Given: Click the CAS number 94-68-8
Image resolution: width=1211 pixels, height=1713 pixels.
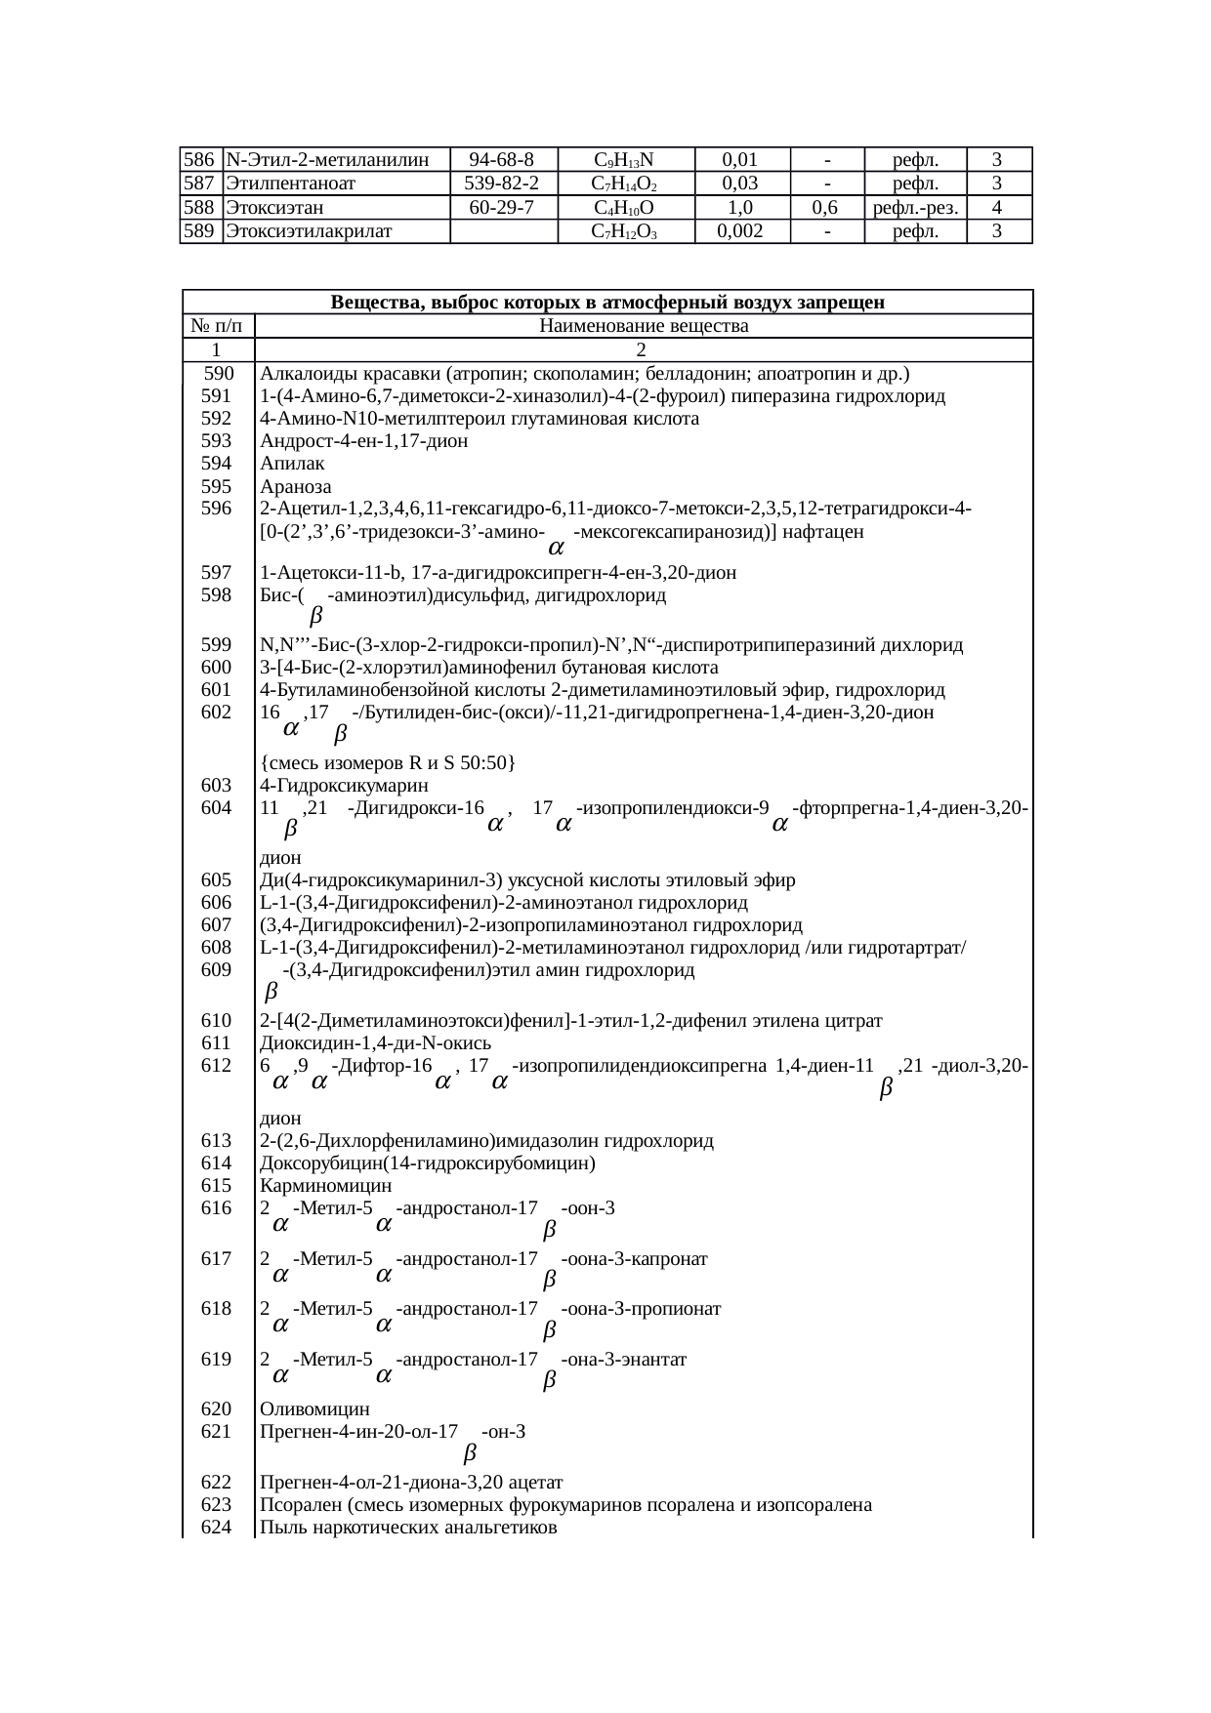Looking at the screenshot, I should (x=502, y=159).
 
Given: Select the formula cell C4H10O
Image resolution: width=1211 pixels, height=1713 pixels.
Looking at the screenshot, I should (x=624, y=208).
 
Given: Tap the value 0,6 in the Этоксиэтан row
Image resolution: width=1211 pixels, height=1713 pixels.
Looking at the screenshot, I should (x=826, y=207).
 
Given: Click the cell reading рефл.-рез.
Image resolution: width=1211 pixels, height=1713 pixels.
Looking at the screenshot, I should (x=914, y=207).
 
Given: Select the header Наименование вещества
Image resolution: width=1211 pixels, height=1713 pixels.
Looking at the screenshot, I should (x=644, y=326).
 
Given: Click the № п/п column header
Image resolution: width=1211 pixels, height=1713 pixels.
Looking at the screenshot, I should (x=218, y=326).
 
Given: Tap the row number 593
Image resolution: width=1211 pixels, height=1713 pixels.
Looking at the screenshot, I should (x=216, y=441).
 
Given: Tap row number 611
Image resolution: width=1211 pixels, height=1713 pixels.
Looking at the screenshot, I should (x=216, y=1043).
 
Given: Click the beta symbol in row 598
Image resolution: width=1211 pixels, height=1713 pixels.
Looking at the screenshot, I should (x=315, y=617).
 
